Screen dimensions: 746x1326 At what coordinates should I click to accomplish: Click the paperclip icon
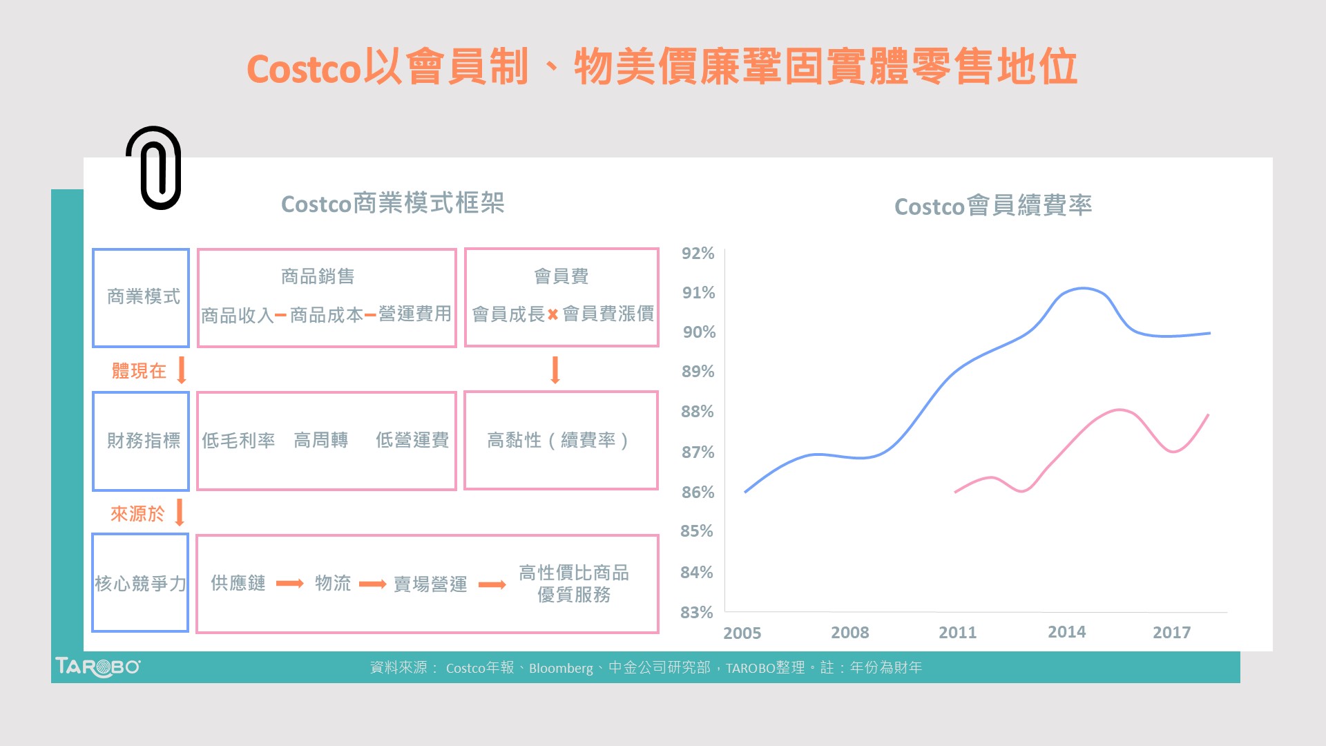point(154,168)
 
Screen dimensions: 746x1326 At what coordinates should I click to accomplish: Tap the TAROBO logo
point(97,667)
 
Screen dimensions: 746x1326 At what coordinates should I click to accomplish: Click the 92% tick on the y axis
point(698,254)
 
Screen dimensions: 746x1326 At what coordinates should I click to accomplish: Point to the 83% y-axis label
point(696,612)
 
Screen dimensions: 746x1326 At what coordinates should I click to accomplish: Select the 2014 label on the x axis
point(1066,632)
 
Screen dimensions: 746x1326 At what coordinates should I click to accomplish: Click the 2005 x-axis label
point(742,633)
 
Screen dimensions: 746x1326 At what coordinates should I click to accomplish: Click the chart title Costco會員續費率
point(992,206)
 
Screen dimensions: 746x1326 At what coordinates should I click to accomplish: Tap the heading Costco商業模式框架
point(392,204)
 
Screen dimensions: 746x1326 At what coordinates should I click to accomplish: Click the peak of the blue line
point(1082,288)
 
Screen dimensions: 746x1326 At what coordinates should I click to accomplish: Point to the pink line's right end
point(1208,415)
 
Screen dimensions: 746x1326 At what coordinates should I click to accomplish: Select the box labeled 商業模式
point(142,297)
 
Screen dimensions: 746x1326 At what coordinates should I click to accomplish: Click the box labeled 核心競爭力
point(140,583)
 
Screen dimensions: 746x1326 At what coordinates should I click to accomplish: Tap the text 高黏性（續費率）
point(558,440)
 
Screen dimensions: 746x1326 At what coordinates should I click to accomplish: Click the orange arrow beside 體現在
point(182,370)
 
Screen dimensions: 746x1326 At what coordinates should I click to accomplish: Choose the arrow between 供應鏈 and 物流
point(289,584)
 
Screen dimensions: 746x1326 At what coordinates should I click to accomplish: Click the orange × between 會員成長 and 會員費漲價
point(552,315)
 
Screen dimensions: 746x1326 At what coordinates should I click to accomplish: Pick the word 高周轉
point(320,440)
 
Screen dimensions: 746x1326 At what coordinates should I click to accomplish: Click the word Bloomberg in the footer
point(561,668)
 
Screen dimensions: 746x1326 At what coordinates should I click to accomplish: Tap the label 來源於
point(137,513)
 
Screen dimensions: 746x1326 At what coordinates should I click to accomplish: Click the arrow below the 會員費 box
point(555,370)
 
